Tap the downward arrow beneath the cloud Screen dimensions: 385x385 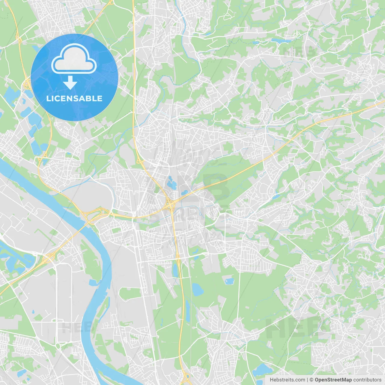tap(70, 83)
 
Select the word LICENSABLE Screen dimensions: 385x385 tap(74, 99)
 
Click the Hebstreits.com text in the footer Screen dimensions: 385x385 tap(287, 380)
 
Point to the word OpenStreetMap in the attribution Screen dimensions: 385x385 tap(333, 380)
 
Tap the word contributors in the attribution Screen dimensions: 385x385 tap(367, 380)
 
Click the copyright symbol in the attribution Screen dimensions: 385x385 tap(311, 380)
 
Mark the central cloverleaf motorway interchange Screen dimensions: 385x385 tap(170, 205)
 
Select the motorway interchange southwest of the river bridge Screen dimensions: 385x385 tap(48, 258)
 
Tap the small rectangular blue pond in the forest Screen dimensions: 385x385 tap(229, 281)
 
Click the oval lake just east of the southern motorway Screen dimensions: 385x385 tap(198, 289)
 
